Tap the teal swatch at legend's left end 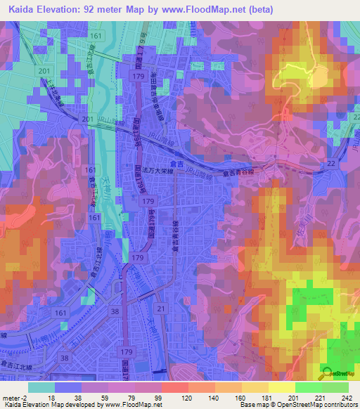[x=40, y=387]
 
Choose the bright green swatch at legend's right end [x=335, y=387]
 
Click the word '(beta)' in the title [x=257, y=9]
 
